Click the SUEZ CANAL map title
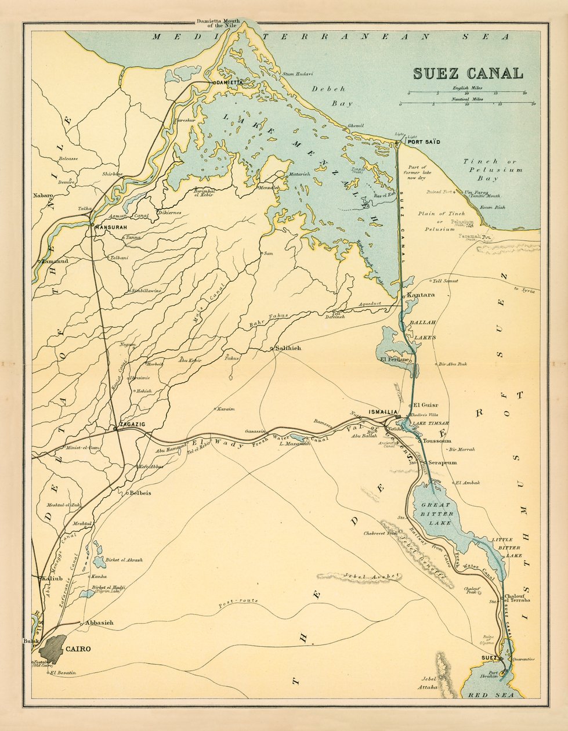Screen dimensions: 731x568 pyautogui.click(x=468, y=74)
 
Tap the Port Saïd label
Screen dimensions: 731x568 pyautogui.click(x=424, y=142)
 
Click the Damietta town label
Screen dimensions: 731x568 pyautogui.click(x=230, y=83)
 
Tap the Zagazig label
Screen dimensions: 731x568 pyautogui.click(x=132, y=425)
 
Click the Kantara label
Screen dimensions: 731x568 pyautogui.click(x=421, y=295)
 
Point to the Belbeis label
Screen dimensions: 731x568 pyautogui.click(x=139, y=493)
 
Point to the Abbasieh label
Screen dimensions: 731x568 pyautogui.click(x=99, y=623)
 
